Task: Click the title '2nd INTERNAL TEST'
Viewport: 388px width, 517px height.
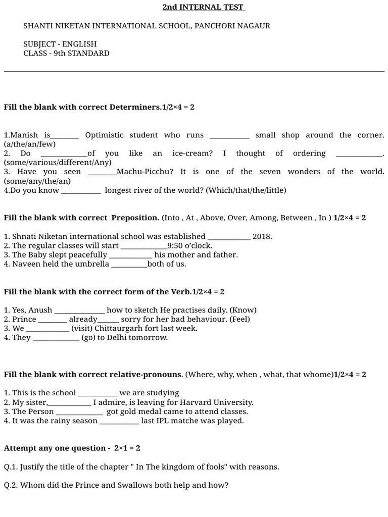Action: pyautogui.click(x=203, y=7)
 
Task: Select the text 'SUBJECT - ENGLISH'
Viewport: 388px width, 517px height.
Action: pyautogui.click(x=60, y=44)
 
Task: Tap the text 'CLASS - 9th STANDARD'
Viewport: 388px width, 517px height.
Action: pyautogui.click(x=66, y=54)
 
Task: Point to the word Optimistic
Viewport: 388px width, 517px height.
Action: pyautogui.click(x=104, y=135)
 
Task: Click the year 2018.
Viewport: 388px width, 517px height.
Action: pyautogui.click(x=262, y=236)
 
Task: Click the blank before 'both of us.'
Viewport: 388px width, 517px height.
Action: pyautogui.click(x=129, y=264)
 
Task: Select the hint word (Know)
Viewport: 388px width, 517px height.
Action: pyautogui.click(x=244, y=310)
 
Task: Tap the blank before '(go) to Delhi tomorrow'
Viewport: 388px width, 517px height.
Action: pyautogui.click(x=56, y=338)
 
